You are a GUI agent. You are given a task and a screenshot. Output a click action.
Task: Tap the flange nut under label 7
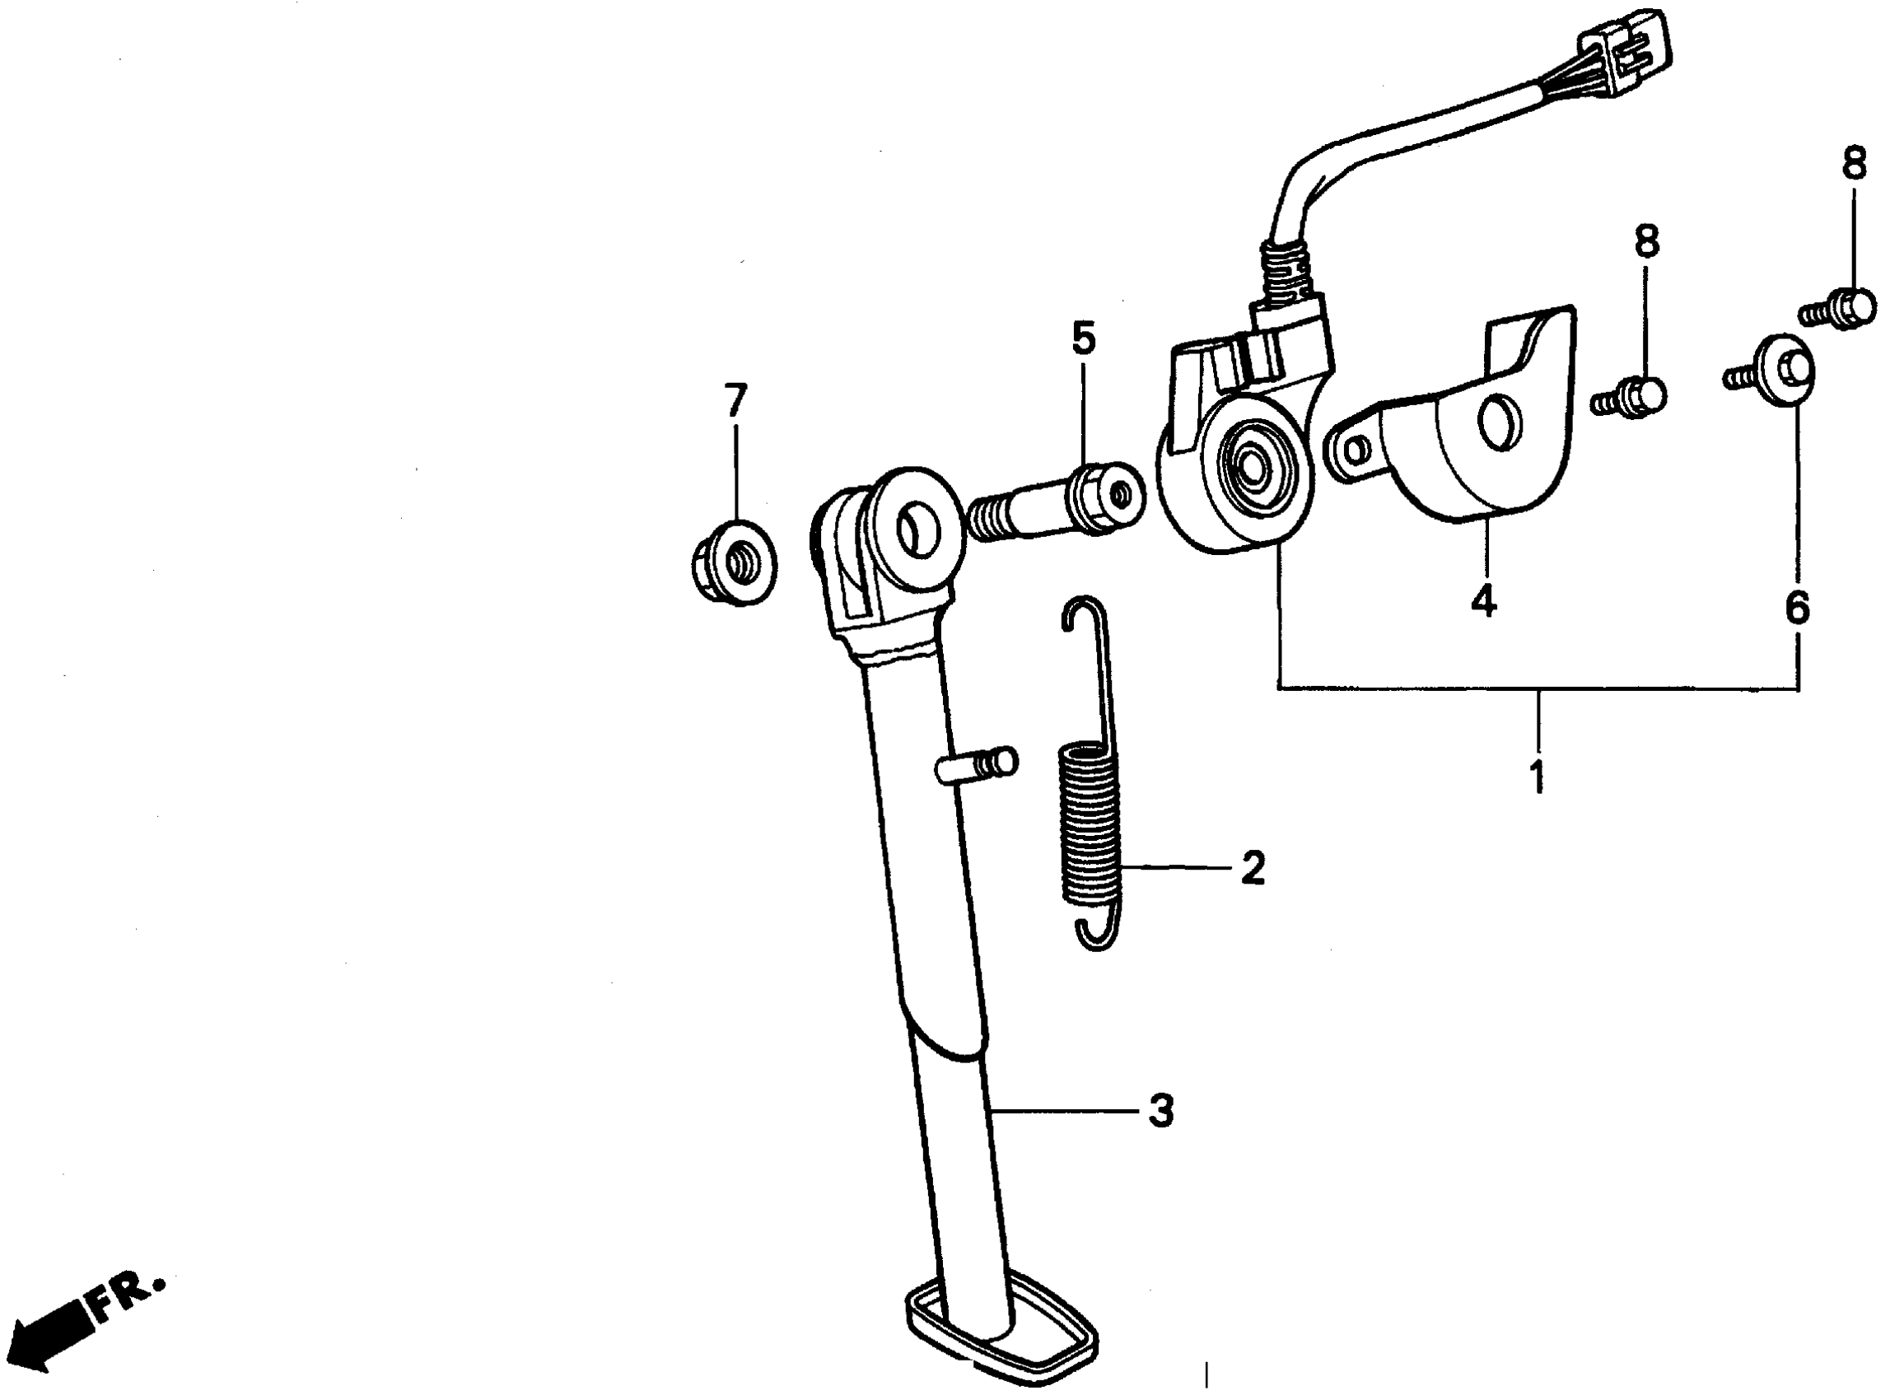(x=733, y=561)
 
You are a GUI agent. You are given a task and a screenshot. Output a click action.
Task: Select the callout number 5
(x=1083, y=338)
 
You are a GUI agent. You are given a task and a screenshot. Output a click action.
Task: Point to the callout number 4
(x=1482, y=601)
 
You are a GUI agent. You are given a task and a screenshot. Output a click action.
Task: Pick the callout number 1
(x=1538, y=777)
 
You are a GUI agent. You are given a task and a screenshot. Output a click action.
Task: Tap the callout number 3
(x=1160, y=1110)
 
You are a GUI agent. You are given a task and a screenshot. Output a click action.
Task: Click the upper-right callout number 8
(x=1855, y=164)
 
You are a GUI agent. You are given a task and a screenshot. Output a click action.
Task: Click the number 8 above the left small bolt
(x=1646, y=240)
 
